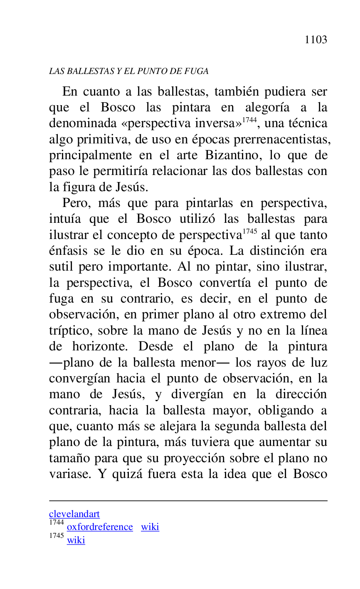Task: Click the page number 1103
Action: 316,40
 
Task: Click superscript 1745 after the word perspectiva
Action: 249,232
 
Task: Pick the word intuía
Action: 64,219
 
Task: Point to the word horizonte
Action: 102,347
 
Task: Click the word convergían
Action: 80,379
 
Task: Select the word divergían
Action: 197,394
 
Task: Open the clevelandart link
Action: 74,514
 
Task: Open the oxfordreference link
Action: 100,527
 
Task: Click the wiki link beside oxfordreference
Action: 150,527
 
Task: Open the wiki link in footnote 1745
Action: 76,540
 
